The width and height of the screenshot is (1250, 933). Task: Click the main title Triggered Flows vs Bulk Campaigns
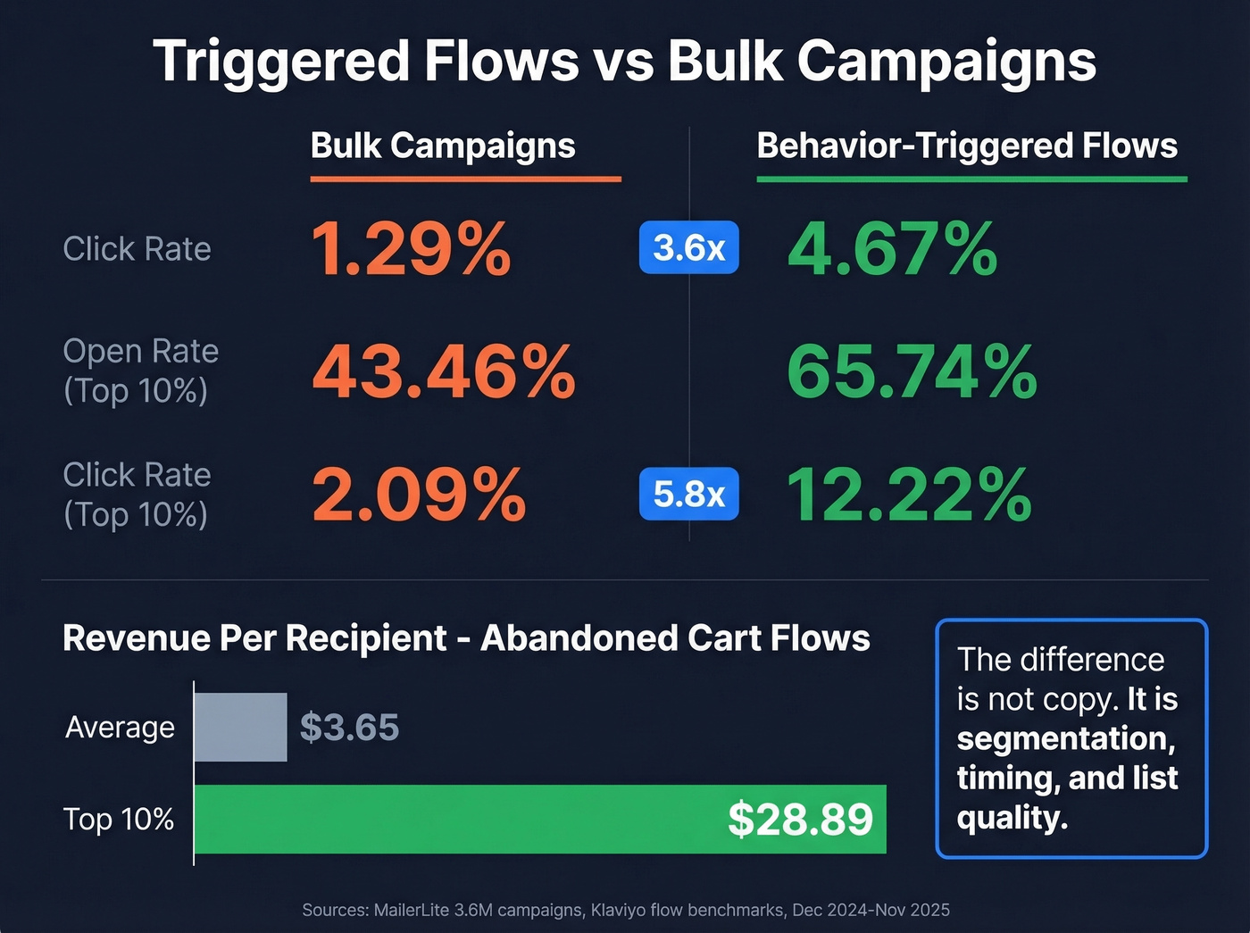coord(624,61)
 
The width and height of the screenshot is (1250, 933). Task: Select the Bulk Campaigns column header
coord(443,146)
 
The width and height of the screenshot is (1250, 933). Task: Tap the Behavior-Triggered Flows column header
coord(967,146)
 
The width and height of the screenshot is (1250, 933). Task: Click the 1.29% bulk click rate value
coord(411,248)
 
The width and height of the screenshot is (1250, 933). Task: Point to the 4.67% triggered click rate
coord(892,248)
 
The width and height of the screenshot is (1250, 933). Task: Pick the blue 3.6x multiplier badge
coord(688,247)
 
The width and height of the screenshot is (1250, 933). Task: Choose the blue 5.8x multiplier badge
coord(688,494)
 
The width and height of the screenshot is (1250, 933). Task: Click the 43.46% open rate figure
coord(443,371)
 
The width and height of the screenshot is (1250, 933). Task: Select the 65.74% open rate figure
coord(912,371)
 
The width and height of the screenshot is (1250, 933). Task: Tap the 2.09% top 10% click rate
coord(418,495)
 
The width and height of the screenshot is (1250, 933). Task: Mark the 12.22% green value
coord(909,495)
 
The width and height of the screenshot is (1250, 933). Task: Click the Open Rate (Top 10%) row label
coord(140,371)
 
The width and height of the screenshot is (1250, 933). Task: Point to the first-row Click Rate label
coord(137,249)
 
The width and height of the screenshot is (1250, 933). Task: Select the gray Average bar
coord(240,727)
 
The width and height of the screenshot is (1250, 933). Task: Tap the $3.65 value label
coord(349,728)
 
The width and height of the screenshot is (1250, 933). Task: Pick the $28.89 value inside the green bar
coord(800,819)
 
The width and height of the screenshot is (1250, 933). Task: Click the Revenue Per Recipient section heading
coord(466,638)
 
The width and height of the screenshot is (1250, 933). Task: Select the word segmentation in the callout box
coord(1065,738)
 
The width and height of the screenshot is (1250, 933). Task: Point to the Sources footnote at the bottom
coord(625,910)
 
